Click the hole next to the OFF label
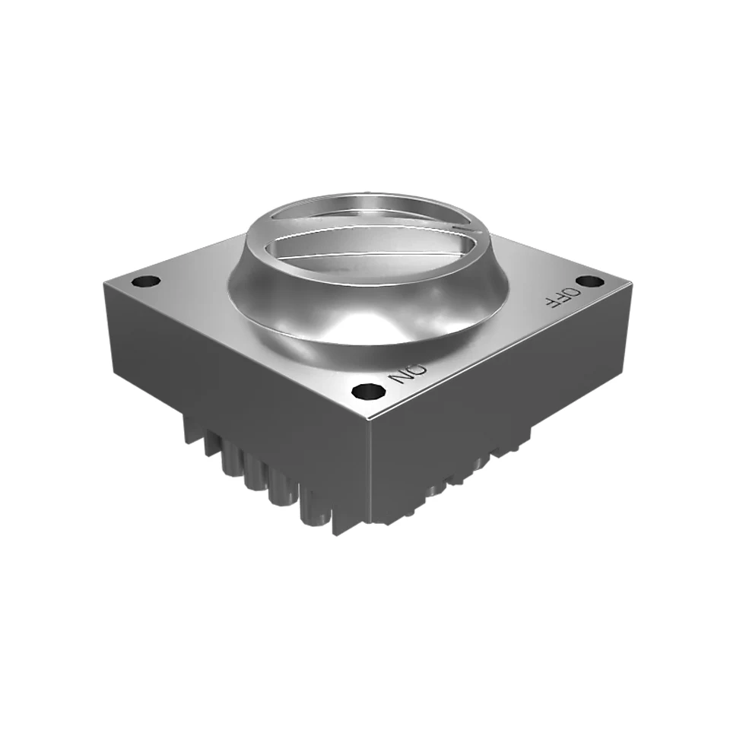pyautogui.click(x=590, y=281)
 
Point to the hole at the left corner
pyautogui.click(x=146, y=281)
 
